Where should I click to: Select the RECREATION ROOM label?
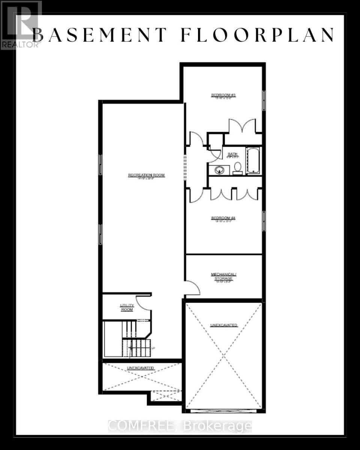[x=146, y=175]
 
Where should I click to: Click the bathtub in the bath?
[x=253, y=160]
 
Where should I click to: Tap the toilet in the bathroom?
[x=237, y=168]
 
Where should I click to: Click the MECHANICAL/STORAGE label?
[x=223, y=276]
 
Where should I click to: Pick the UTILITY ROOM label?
[x=127, y=307]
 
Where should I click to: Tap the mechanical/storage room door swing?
[x=193, y=288]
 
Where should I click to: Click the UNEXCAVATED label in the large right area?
[x=223, y=325]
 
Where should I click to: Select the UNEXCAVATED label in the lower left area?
[x=141, y=368]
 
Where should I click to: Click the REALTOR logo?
[x=21, y=25]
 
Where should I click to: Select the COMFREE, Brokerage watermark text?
[x=180, y=426]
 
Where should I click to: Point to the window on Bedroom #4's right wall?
[x=264, y=221]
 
